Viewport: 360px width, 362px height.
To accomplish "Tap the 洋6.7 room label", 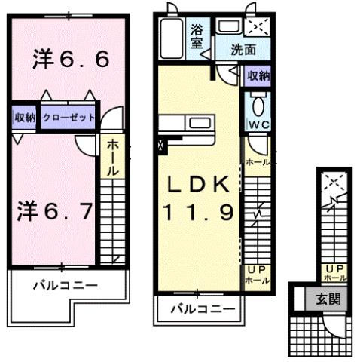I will pos(54,210).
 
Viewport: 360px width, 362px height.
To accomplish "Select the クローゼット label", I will pos(68,117).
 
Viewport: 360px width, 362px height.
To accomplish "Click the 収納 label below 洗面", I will pos(258,75).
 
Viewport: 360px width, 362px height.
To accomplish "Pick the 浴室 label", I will pos(197,36).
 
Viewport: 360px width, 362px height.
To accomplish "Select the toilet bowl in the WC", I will pos(257,103).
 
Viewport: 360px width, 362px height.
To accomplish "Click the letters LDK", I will pos(199,184).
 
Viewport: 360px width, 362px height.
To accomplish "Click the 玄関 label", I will pos(331,299).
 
